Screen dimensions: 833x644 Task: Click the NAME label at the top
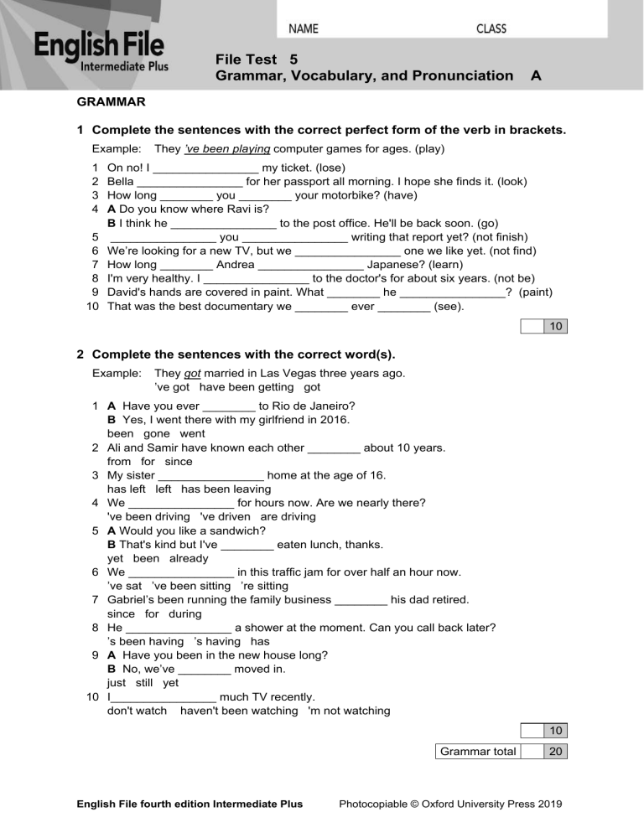(304, 29)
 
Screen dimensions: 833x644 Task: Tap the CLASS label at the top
(491, 29)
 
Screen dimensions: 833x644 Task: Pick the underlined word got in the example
(193, 373)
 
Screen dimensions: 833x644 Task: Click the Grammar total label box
(477, 752)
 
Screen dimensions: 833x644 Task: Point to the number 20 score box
(556, 752)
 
